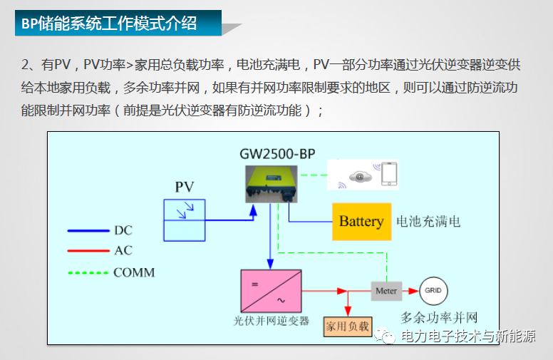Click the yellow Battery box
pyautogui.click(x=361, y=221)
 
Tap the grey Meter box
pyautogui.click(x=386, y=291)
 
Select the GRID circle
pyautogui.click(x=433, y=290)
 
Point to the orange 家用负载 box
pyautogui.click(x=347, y=326)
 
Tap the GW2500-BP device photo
pyautogui.click(x=272, y=184)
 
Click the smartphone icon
pyautogui.click(x=389, y=175)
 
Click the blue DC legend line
pyautogui.click(x=87, y=231)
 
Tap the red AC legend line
pyautogui.click(x=87, y=251)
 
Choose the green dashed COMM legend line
pyautogui.click(x=87, y=272)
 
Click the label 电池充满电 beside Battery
pyautogui.click(x=428, y=222)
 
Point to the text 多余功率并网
pyautogui.click(x=438, y=318)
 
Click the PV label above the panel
pyautogui.click(x=185, y=187)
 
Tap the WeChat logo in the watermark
pyautogui.click(x=386, y=335)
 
